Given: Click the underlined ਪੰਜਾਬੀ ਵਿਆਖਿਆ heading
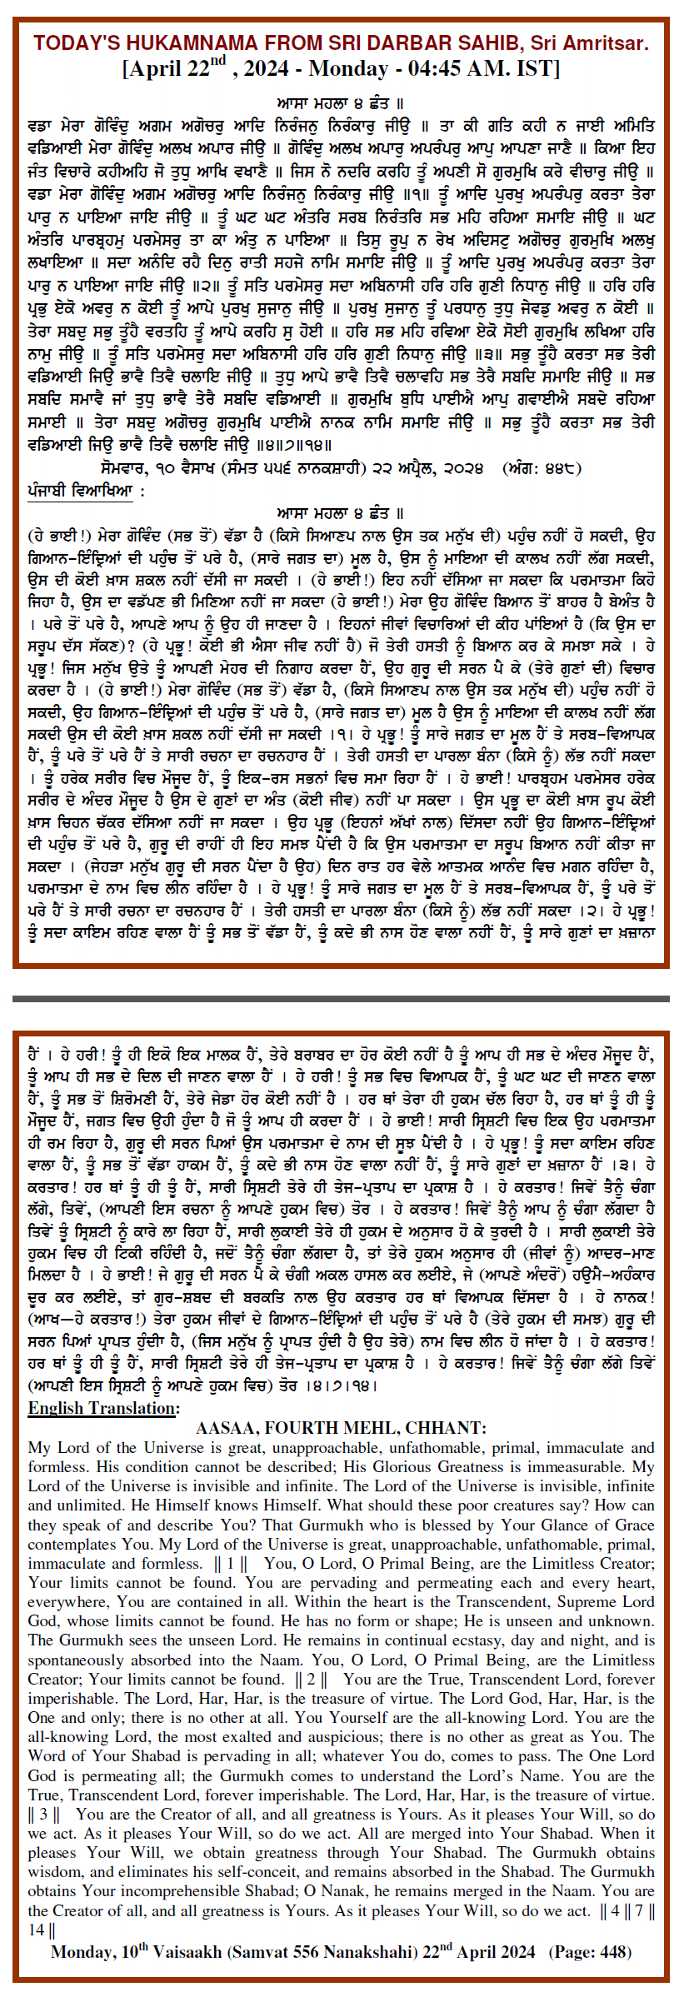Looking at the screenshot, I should click(x=80, y=490).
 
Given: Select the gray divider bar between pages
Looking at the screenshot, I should click(x=341, y=998).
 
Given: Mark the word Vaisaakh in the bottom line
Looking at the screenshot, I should click(x=188, y=1952).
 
